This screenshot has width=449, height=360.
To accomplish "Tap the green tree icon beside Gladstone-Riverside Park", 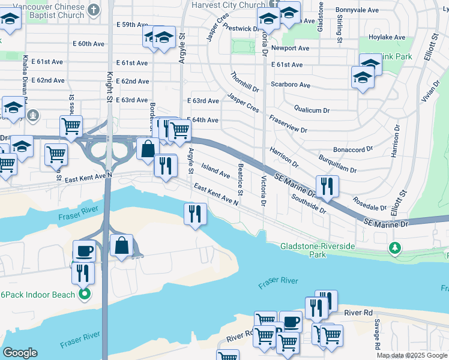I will click(394, 247).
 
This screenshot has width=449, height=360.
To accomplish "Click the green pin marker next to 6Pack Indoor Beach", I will click(85, 294).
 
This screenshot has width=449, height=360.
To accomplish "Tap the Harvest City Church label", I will click(228, 5).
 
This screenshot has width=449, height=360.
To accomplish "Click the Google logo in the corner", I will click(20, 353).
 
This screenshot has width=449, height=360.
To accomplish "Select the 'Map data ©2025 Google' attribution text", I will click(412, 355).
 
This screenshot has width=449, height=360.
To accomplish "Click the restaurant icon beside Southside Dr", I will click(327, 185).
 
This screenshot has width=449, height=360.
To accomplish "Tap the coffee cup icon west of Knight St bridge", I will click(83, 251).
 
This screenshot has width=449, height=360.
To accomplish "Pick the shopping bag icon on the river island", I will click(121, 245).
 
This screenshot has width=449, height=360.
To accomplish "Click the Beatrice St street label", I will click(240, 179).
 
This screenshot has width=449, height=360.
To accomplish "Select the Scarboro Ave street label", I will click(291, 85).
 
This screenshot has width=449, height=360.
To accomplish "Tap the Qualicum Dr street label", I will click(312, 110).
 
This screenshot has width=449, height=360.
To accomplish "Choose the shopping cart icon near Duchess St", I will click(71, 127).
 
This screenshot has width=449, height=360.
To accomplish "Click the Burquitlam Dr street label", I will click(340, 161).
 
